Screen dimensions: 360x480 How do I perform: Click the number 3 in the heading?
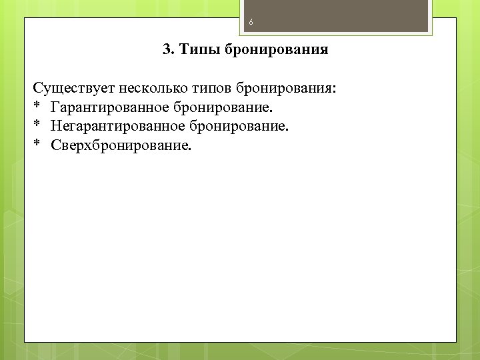click(166, 50)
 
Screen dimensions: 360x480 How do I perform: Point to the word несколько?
click(144, 89)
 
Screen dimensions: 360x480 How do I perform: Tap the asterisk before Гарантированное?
click(37, 107)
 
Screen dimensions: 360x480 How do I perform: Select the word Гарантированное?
click(109, 107)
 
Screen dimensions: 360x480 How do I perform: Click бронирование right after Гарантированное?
click(224, 107)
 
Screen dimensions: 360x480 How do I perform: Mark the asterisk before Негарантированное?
click(37, 125)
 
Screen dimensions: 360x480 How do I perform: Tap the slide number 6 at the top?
click(251, 23)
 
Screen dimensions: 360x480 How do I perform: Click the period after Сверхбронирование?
click(189, 149)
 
